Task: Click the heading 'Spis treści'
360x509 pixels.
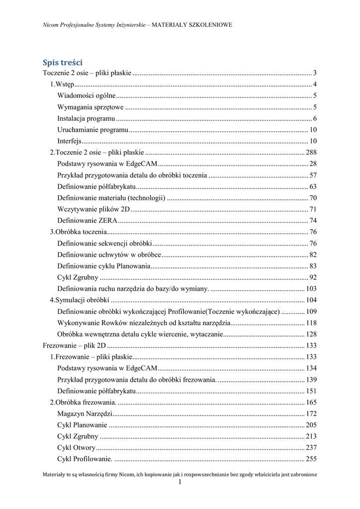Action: [x=62, y=63]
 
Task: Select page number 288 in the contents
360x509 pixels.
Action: [x=311, y=152]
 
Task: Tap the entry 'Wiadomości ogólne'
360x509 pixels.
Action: [x=87, y=95]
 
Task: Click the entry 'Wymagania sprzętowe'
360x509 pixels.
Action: [x=90, y=107]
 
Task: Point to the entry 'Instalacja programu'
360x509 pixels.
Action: [x=87, y=118]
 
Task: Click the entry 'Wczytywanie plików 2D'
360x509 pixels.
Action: [x=93, y=209]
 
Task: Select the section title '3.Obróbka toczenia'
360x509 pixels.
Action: [x=78, y=232]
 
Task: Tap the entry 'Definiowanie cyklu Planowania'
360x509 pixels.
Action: [x=104, y=266]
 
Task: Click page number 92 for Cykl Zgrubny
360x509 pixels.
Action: [x=313, y=277]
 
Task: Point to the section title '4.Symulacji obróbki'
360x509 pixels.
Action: [x=79, y=300]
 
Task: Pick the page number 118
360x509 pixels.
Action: [x=311, y=323]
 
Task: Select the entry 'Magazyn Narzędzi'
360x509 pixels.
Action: [x=85, y=414]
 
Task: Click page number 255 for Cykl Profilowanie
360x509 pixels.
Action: [x=311, y=459]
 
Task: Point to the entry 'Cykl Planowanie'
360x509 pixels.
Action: [x=82, y=425]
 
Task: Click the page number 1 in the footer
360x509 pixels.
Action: [x=180, y=482]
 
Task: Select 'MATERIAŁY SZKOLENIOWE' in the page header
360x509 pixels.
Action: [x=192, y=24]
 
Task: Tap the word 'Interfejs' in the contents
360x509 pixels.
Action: [x=69, y=141]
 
